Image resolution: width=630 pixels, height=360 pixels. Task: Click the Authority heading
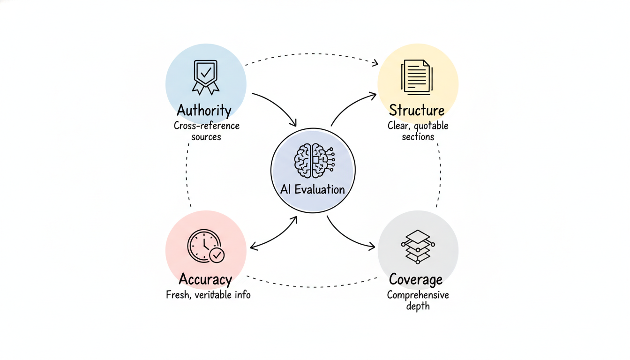tap(204, 111)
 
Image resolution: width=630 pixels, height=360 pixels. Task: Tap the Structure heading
tap(417, 111)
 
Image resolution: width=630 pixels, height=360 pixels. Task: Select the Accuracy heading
tap(205, 279)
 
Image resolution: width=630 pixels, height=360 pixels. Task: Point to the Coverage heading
tap(416, 280)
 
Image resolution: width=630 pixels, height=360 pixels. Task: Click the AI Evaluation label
tap(313, 189)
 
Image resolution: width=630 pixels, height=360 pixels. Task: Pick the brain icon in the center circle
tap(313, 160)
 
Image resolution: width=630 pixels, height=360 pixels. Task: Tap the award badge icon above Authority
tap(205, 77)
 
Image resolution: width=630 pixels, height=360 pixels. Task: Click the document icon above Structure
tap(416, 77)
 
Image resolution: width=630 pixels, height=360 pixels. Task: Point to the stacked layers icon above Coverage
tap(418, 247)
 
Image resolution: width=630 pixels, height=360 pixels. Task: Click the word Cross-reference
tap(207, 126)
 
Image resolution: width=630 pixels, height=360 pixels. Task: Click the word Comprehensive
tap(418, 295)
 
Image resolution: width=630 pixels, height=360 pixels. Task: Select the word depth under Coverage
tap(418, 306)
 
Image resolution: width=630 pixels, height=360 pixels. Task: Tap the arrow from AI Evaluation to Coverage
tap(348, 236)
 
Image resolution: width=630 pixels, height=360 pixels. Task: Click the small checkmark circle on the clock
tap(217, 255)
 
